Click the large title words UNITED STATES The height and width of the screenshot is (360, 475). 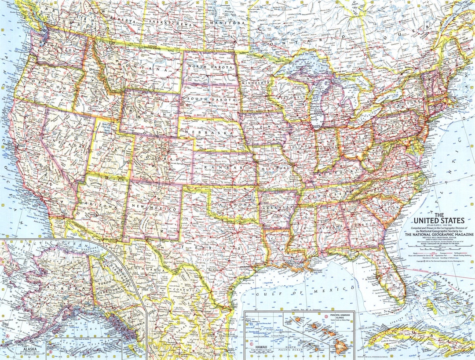444,220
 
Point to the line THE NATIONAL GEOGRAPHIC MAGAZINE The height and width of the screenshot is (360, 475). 439,235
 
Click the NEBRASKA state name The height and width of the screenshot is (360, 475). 208,132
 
